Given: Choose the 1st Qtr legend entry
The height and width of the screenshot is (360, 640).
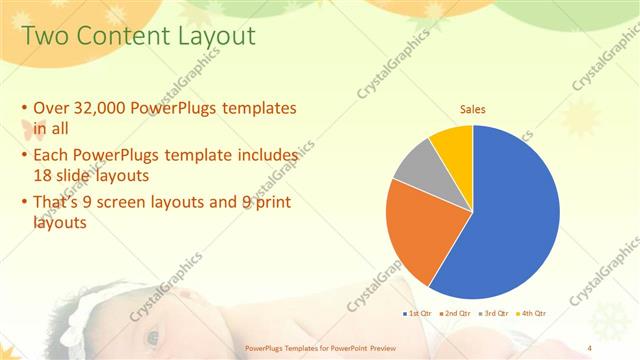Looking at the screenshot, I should (x=418, y=314).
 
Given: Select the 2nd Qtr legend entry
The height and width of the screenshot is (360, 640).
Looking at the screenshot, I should (x=458, y=314).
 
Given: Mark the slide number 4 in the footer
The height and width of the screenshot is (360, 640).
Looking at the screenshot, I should (x=590, y=349).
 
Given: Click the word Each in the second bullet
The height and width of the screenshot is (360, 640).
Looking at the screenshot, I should (x=52, y=156).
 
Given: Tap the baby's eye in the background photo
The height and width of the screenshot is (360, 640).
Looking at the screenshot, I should (x=152, y=337).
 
